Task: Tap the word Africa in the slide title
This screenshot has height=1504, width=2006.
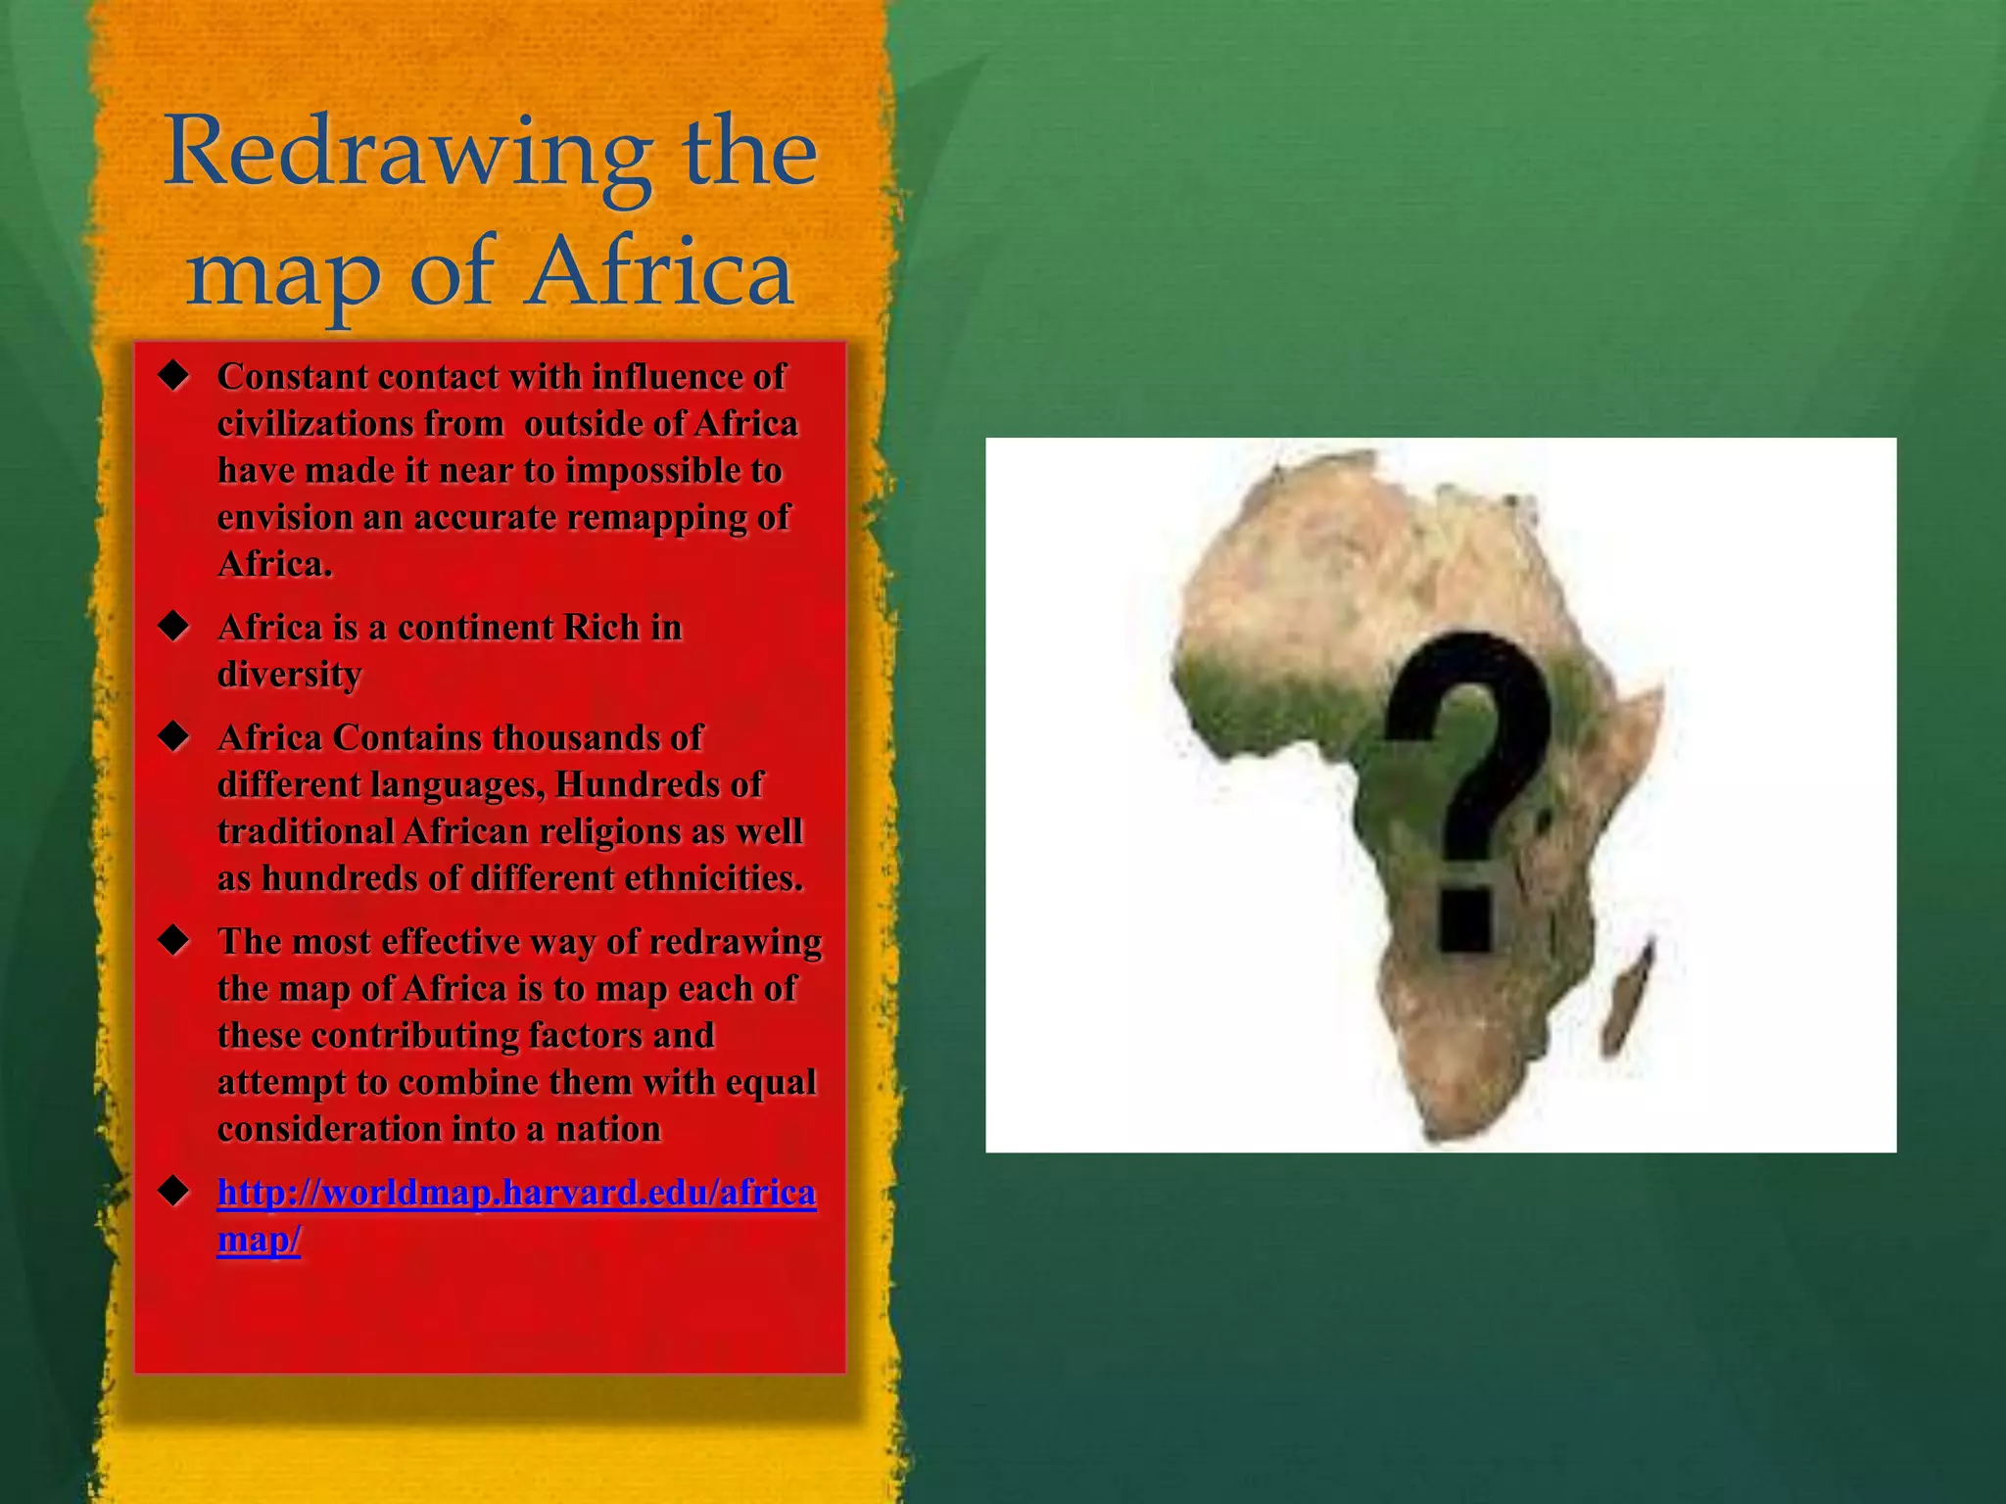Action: pyautogui.click(x=658, y=272)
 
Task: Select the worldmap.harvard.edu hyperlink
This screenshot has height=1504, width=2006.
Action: pyautogui.click(x=516, y=1194)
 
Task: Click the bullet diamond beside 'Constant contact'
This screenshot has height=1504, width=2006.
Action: pyautogui.click(x=174, y=377)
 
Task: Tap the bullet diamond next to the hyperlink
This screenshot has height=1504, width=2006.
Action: pyautogui.click(x=174, y=1193)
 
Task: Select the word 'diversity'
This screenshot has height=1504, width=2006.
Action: pyautogui.click(x=289, y=675)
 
